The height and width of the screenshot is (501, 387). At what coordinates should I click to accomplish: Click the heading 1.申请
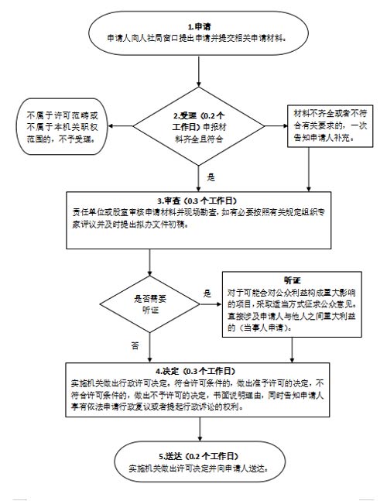(x=199, y=26)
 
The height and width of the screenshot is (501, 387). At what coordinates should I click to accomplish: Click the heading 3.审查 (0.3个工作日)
(x=197, y=201)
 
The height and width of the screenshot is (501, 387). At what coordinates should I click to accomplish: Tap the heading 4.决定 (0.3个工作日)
(x=196, y=371)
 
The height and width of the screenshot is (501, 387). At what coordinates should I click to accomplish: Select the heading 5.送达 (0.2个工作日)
(x=199, y=456)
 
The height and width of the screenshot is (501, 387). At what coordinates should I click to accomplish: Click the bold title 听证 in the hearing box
(x=292, y=280)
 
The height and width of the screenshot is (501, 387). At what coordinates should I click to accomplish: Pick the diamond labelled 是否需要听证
(x=149, y=304)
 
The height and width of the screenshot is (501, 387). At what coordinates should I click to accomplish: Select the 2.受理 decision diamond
(x=199, y=126)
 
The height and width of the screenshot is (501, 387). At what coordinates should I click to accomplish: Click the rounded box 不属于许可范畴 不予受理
(x=62, y=126)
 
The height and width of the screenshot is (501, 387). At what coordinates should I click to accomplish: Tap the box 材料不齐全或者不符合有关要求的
(x=330, y=126)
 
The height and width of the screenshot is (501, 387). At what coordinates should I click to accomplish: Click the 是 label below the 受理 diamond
(x=211, y=177)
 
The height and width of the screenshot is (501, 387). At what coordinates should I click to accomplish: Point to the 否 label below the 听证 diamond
(x=135, y=345)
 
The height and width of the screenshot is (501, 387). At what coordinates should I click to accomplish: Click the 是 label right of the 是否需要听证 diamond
(x=207, y=293)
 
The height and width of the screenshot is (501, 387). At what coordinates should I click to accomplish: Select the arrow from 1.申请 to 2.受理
(x=199, y=72)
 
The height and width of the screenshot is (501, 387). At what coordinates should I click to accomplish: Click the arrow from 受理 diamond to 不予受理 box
(x=121, y=126)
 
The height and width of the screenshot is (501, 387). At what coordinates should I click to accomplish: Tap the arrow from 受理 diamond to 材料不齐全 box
(x=276, y=126)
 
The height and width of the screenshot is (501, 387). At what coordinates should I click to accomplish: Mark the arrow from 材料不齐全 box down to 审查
(x=309, y=170)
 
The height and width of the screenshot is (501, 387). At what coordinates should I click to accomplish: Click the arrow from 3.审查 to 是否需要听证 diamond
(x=149, y=263)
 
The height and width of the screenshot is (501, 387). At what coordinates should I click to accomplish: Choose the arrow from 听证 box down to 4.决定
(x=292, y=350)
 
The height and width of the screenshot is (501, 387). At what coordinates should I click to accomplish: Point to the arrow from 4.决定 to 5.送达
(x=200, y=429)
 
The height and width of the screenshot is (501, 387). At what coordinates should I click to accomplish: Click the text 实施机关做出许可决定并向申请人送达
(x=198, y=468)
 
